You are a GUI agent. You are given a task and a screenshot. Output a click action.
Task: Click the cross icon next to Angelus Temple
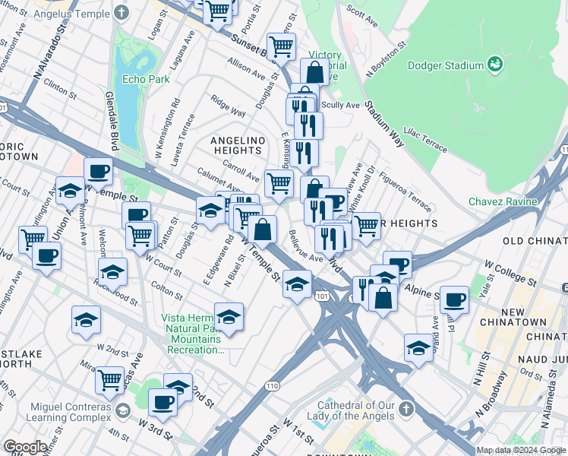[122, 13]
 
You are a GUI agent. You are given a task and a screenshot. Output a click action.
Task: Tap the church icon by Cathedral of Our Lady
[408, 409]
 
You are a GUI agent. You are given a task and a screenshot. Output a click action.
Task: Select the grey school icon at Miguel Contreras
[121, 411]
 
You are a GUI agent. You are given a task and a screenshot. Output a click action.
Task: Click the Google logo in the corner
[25, 447]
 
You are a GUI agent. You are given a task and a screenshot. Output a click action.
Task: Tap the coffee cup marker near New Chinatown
[454, 299]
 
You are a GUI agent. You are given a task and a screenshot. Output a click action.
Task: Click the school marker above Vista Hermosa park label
[229, 315]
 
